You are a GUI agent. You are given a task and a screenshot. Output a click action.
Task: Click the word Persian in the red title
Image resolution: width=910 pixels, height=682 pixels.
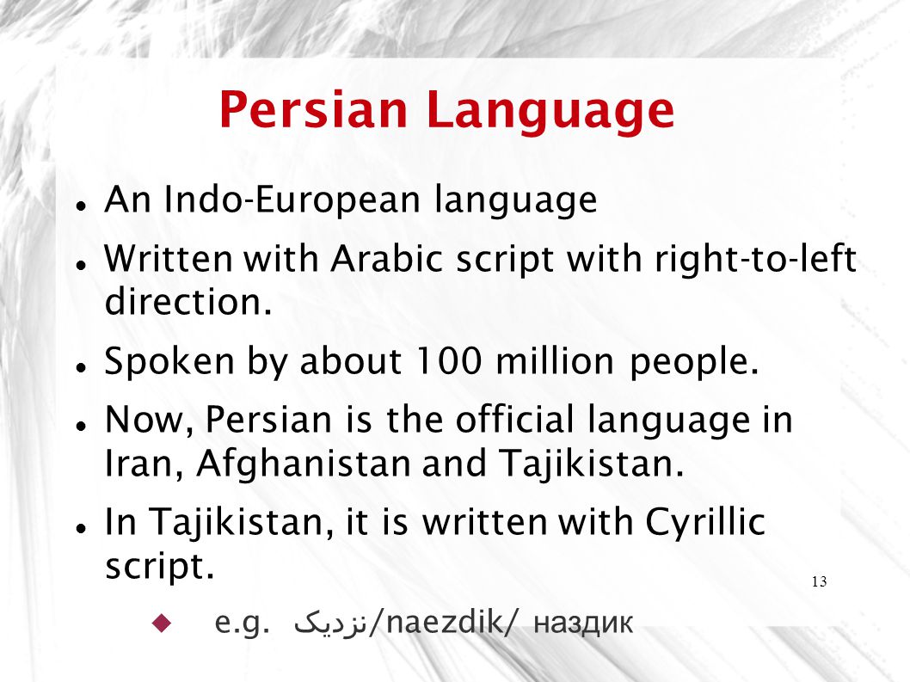(x=313, y=109)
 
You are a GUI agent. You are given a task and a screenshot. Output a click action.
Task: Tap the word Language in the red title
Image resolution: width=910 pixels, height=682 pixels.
(x=550, y=112)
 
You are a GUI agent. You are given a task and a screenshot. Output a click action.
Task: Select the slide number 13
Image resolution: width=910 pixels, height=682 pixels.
(x=819, y=581)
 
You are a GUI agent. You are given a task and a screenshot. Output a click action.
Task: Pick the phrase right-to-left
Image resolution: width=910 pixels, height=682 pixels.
(x=756, y=260)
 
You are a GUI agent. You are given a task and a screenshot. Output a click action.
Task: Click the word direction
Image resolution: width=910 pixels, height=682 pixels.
(x=188, y=302)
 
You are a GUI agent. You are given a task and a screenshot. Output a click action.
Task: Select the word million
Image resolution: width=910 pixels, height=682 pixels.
(x=555, y=361)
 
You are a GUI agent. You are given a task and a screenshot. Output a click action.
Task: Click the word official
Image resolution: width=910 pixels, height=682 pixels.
(x=514, y=419)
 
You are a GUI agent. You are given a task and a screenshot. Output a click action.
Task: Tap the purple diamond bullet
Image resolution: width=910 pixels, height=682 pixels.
(x=162, y=623)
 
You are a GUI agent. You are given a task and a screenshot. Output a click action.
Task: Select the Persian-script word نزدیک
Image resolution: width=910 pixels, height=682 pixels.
(x=329, y=623)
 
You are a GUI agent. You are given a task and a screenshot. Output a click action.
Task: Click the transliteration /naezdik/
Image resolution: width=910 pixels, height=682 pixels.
(x=441, y=622)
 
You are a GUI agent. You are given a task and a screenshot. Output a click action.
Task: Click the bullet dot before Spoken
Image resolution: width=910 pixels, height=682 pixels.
(x=81, y=367)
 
